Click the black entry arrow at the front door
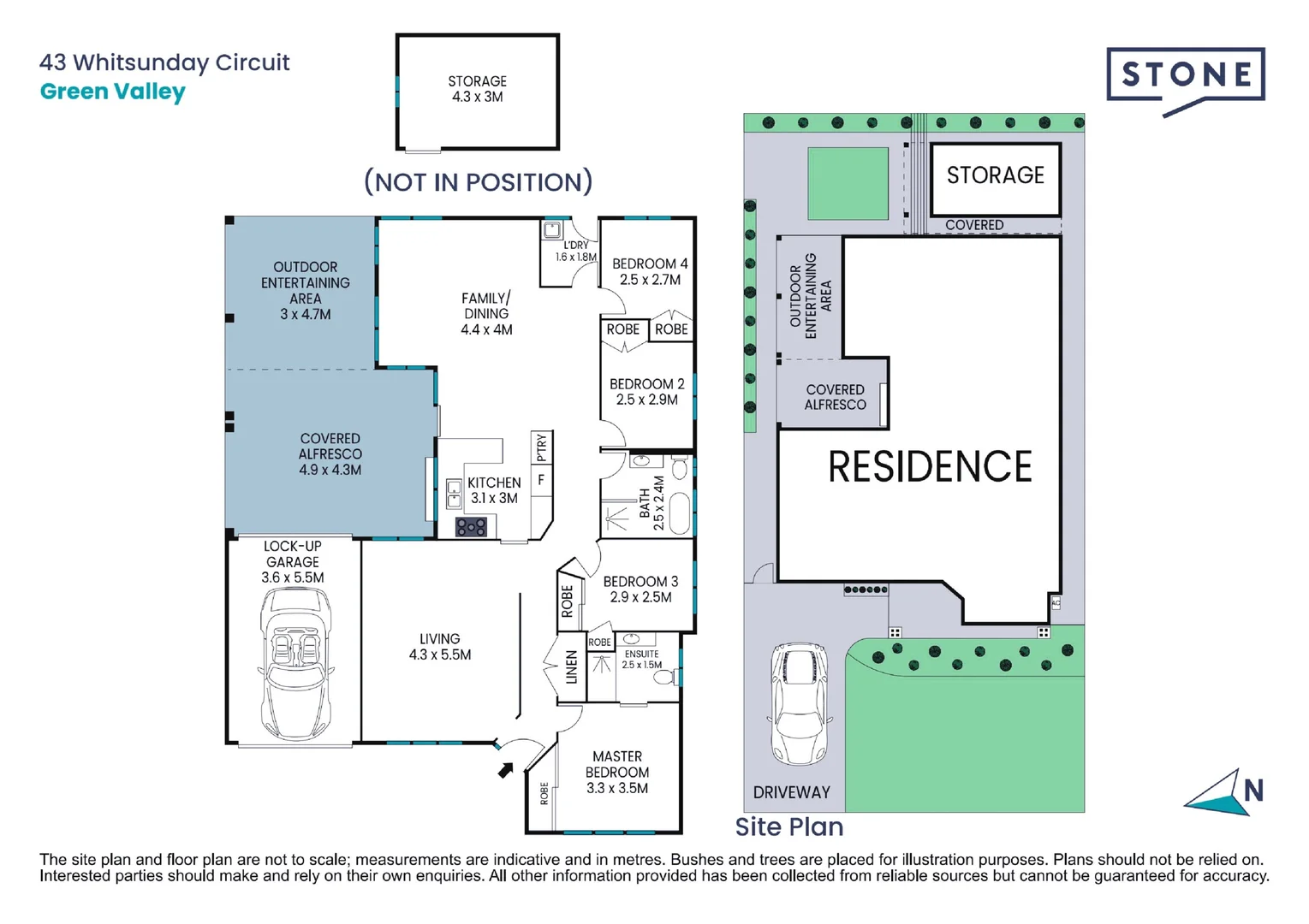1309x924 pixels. pos(506,770)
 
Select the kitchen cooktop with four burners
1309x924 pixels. pos(471,526)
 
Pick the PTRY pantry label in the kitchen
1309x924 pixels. pos(541,447)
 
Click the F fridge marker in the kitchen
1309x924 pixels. pos(541,481)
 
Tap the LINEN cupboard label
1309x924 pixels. pos(571,667)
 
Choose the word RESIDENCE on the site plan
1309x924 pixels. pos(930,467)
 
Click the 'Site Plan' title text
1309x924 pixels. pos(788,826)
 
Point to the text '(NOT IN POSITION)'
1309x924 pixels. pos(478,182)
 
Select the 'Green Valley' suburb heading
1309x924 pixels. pos(112,92)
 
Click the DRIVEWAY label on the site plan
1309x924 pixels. pos(791,792)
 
